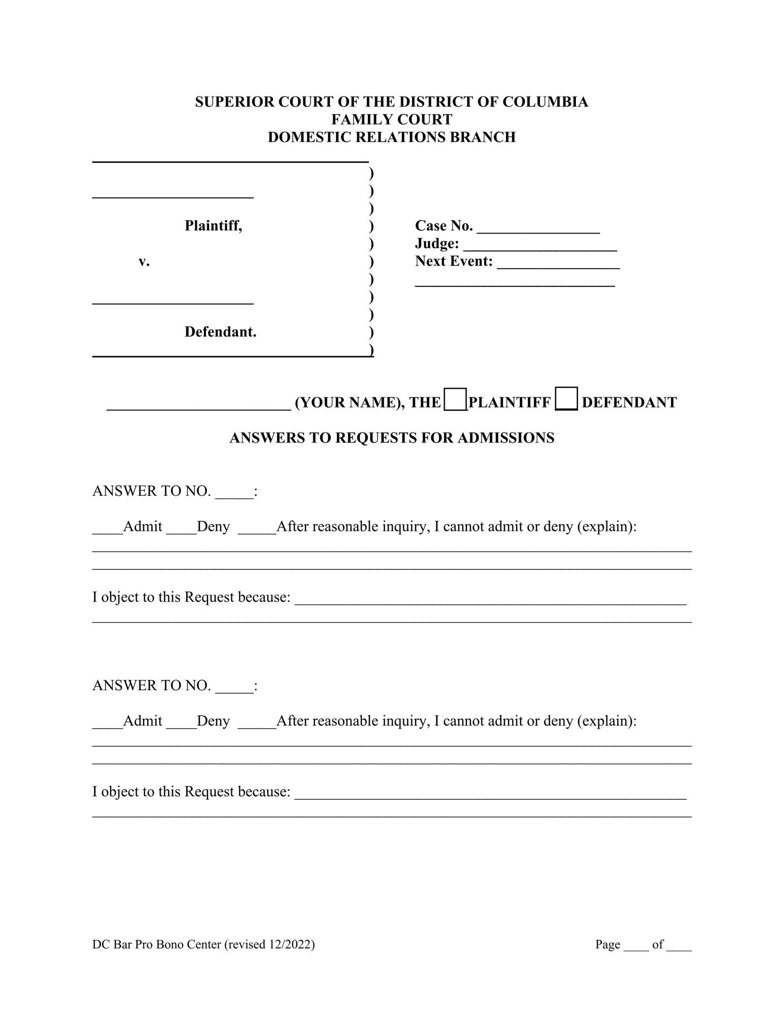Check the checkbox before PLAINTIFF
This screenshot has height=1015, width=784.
click(455, 399)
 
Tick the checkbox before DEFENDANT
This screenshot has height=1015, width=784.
click(566, 399)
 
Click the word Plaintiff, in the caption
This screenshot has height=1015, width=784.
click(213, 225)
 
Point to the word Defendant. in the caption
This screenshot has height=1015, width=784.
click(220, 332)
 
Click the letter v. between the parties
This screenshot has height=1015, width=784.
click(144, 261)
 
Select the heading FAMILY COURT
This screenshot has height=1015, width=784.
click(391, 119)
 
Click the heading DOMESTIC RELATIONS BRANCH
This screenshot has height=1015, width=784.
click(391, 137)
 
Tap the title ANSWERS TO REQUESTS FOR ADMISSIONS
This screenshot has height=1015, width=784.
click(391, 437)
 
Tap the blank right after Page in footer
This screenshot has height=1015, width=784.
click(636, 946)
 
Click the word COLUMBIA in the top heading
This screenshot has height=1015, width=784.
click(545, 102)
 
